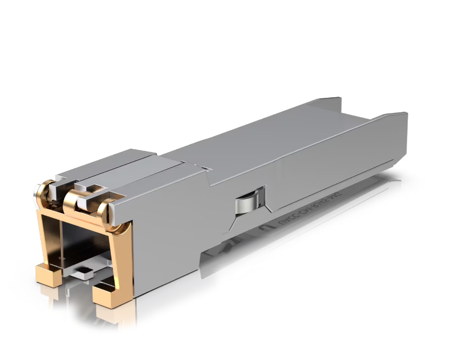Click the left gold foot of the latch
48,274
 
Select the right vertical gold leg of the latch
123,258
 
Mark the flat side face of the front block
161,236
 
